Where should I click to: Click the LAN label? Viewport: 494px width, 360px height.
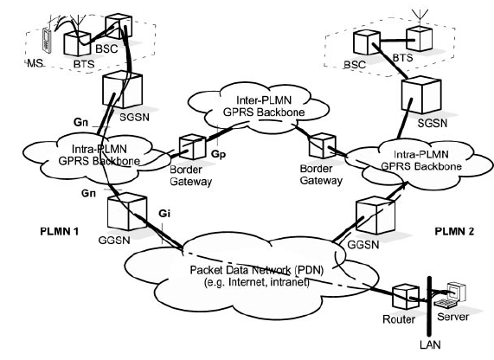pos(427,345)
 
